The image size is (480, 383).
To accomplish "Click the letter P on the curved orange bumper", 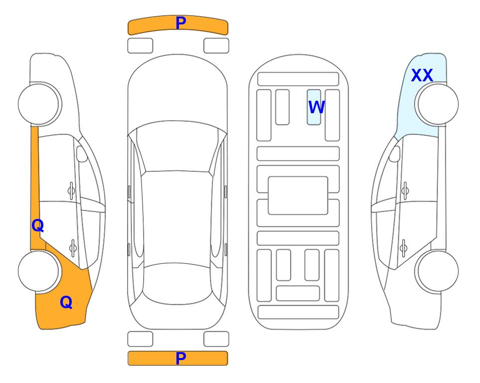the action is [180, 22].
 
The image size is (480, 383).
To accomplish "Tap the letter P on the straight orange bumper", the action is [180, 358].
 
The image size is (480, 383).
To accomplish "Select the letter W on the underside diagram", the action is [316, 107].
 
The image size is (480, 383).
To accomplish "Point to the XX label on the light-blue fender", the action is [422, 75].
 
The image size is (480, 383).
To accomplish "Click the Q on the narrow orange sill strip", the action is [38, 226].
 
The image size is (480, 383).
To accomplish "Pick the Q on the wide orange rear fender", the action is [66, 302].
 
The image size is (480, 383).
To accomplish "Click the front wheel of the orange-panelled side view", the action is [38, 104].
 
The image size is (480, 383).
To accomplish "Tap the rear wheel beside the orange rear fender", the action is [38, 271].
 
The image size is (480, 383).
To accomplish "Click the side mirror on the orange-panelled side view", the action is [82, 154].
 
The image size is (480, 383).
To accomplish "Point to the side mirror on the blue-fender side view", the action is [395, 154].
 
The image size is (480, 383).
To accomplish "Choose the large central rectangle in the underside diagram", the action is [298, 195].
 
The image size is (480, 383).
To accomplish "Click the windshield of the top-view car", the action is [177, 147].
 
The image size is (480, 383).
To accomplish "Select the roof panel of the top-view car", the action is [176, 218].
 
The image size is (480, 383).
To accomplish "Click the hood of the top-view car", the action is [177, 92].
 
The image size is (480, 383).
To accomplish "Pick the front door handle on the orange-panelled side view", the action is [71, 191].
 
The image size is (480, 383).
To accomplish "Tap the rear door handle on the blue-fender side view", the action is [404, 248].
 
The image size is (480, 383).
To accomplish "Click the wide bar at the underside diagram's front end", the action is [298, 79].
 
